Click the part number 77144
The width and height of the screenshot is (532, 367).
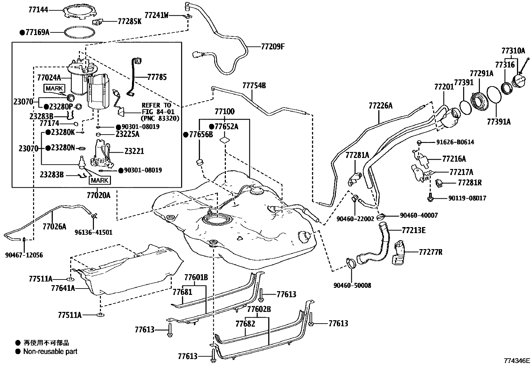click(38, 10)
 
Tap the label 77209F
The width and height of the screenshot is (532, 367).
click(273, 47)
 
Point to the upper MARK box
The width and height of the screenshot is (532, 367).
click(54, 88)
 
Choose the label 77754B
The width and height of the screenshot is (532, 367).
click(254, 85)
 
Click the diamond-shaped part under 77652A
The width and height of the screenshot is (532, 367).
click(225, 140)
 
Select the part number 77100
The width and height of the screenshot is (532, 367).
click(225, 111)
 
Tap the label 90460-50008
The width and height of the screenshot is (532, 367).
click(352, 285)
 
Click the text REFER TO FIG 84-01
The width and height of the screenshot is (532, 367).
click(158, 109)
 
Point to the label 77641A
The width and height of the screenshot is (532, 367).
click(63, 288)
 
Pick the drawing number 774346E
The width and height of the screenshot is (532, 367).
click(517, 361)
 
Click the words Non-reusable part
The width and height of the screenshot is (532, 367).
click(50, 352)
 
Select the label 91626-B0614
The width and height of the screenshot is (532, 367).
click(455, 142)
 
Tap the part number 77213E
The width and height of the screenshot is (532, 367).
click(414, 230)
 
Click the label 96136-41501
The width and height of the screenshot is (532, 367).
click(93, 232)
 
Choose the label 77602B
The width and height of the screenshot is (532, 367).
click(259, 309)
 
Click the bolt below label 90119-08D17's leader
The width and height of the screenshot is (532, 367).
click(430, 198)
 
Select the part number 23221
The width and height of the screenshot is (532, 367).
click(134, 151)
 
